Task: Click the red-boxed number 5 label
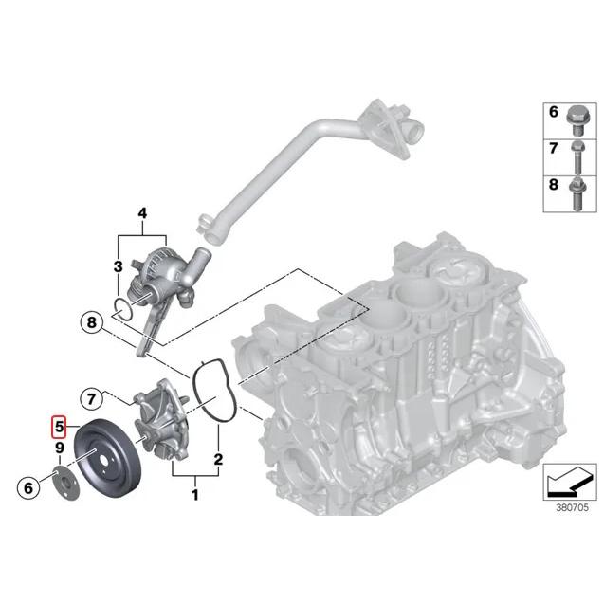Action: [x=57, y=428]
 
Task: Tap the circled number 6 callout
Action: [x=28, y=487]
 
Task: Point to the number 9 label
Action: [x=58, y=448]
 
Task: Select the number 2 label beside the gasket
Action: [x=218, y=461]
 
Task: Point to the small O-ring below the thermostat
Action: [x=121, y=305]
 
